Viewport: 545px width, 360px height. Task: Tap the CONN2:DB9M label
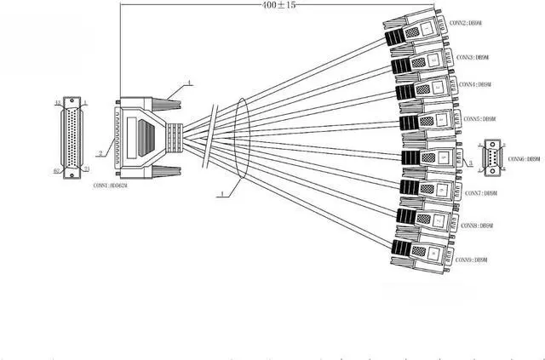[468, 22]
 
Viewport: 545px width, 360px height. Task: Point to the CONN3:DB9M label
[470, 57]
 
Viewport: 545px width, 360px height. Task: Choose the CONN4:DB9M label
[475, 85]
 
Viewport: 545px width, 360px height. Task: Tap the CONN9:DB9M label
[472, 259]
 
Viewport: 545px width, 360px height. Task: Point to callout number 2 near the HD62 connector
[100, 153]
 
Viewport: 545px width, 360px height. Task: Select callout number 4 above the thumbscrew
[189, 83]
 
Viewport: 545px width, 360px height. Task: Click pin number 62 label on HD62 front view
[57, 170]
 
